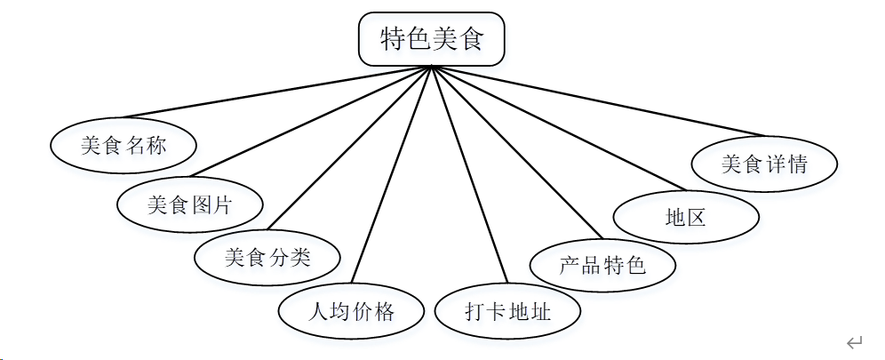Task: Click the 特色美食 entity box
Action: tap(431, 40)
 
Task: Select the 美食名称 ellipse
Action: tap(123, 146)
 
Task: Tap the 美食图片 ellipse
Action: tap(189, 204)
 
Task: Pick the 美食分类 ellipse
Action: tap(267, 258)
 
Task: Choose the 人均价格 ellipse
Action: tap(350, 311)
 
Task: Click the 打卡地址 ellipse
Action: tap(507, 312)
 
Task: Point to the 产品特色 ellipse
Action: tap(602, 265)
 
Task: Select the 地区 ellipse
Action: tap(686, 216)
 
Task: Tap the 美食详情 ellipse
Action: tap(764, 164)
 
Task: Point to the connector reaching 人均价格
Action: tap(393, 175)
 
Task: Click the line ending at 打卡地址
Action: tap(469, 175)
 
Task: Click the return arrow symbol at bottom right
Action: tap(855, 342)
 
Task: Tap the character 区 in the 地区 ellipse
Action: tap(697, 216)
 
